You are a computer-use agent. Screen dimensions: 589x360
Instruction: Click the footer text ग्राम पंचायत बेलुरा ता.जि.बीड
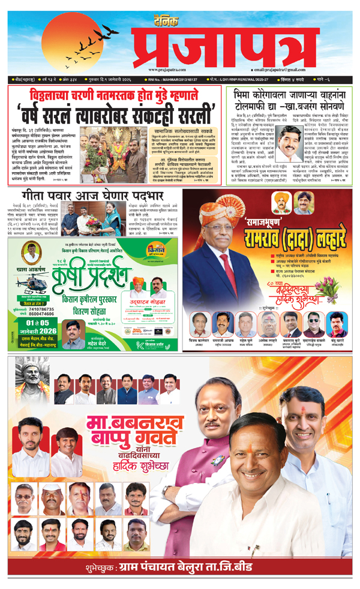click(206, 567)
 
